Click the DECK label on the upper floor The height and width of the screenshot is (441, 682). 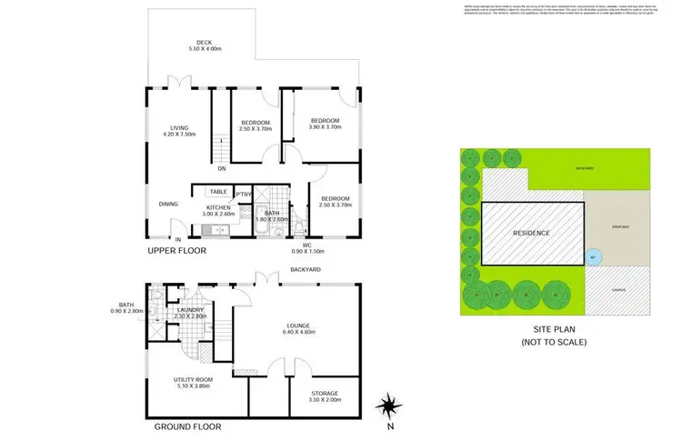coord(204,43)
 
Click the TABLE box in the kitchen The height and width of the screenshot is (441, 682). coord(218,192)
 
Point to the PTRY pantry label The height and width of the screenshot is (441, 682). coord(243,194)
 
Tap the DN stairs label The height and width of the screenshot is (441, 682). coord(222,167)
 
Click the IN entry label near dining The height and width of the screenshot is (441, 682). coord(165,239)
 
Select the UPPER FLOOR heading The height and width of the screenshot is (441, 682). coord(176,250)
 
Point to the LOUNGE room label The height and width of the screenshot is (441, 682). coord(296,325)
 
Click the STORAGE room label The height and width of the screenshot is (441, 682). coord(324,393)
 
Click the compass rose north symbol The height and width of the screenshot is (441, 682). coord(389,406)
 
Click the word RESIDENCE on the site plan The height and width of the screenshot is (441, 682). coord(531,233)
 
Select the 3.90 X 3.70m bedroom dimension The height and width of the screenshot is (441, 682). coord(325,128)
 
